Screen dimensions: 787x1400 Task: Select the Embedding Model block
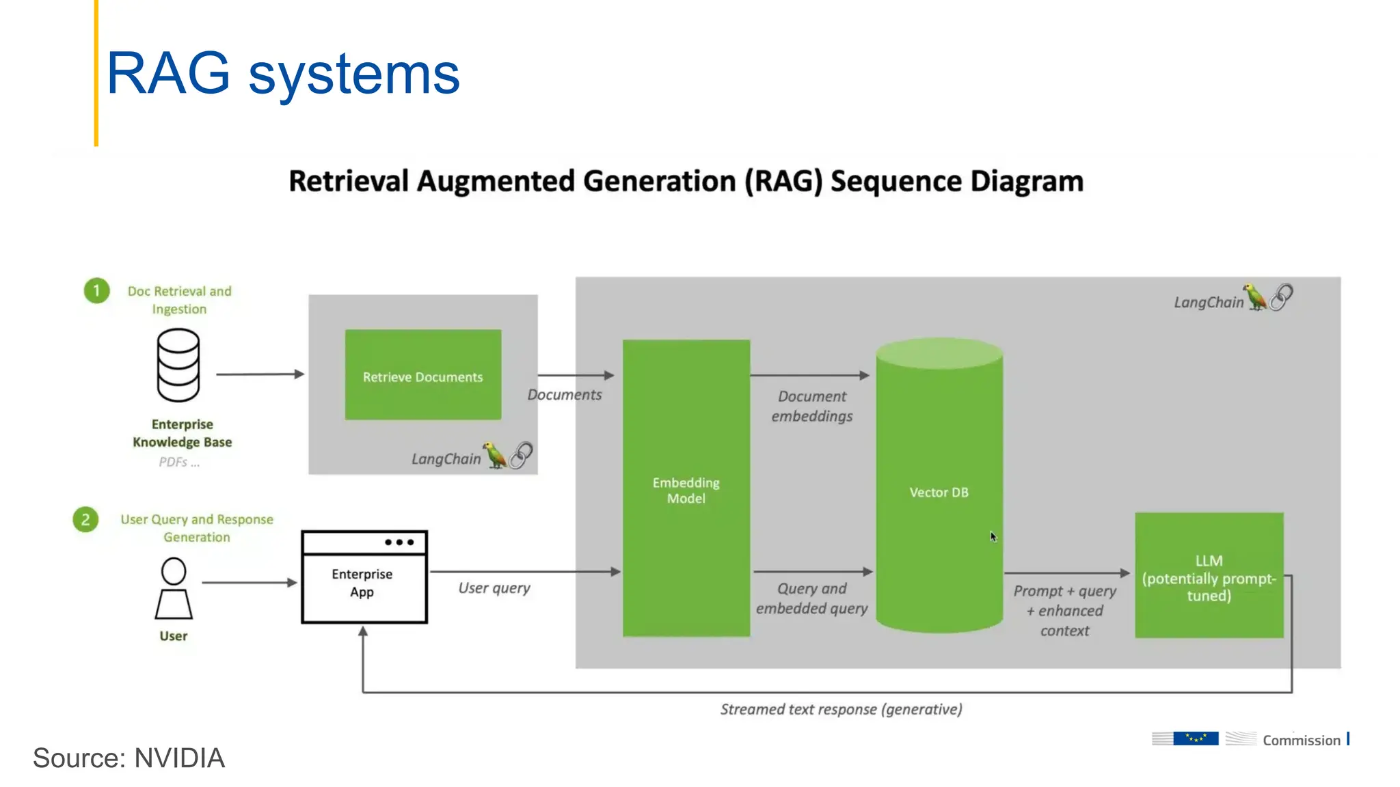(x=686, y=489)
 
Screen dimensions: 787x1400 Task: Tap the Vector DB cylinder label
(x=939, y=493)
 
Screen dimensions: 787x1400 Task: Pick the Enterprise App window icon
(x=364, y=577)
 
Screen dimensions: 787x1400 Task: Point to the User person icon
(x=174, y=588)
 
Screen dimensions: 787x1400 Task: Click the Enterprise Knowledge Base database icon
(x=178, y=365)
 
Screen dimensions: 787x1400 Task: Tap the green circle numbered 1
(x=96, y=291)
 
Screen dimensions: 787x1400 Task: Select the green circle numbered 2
(x=85, y=520)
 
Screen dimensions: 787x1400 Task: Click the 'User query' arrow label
(x=494, y=588)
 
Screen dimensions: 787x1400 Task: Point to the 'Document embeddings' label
(x=812, y=406)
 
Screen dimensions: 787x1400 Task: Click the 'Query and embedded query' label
(x=811, y=598)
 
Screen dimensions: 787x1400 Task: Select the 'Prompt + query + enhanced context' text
(x=1064, y=610)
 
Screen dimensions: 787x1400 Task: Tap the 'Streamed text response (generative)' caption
(x=841, y=709)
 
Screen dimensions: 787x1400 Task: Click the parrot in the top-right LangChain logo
(x=1254, y=297)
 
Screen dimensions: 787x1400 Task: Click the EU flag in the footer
(x=1196, y=738)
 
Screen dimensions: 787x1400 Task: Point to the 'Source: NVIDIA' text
(x=129, y=758)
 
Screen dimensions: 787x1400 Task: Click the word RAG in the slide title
(x=168, y=73)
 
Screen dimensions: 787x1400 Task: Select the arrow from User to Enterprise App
(x=249, y=583)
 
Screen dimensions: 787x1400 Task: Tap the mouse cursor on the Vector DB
(x=993, y=537)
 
